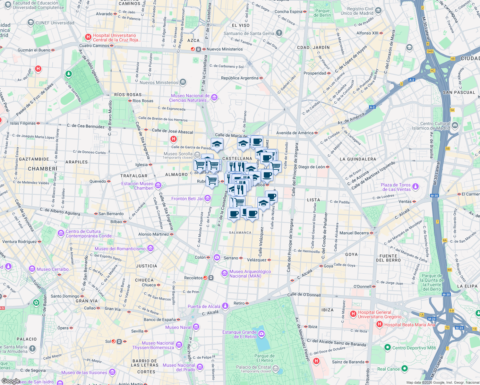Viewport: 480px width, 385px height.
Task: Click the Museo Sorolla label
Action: (x=178, y=154)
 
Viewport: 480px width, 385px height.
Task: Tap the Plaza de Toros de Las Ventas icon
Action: (x=416, y=187)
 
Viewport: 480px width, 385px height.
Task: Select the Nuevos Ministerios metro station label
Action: (x=225, y=49)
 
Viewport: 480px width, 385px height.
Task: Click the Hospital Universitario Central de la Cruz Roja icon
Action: (x=88, y=38)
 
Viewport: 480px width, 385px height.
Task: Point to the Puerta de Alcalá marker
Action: (x=225, y=306)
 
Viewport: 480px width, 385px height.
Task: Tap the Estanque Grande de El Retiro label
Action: (x=239, y=334)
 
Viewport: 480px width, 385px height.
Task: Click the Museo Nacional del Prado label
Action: (x=179, y=367)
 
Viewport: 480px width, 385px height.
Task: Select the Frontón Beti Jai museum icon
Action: (x=208, y=199)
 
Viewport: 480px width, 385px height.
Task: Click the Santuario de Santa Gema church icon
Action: (x=279, y=33)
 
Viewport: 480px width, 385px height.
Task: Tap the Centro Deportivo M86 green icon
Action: (x=387, y=347)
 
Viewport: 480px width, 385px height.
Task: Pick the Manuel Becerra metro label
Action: (x=354, y=233)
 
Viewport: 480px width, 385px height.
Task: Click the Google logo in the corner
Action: (x=11, y=381)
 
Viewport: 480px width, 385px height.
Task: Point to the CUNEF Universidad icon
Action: (x=31, y=23)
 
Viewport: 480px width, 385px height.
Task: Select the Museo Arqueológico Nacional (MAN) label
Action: (x=250, y=274)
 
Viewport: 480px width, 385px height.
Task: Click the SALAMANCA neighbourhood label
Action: (x=240, y=233)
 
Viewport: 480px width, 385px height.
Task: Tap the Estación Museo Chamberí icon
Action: (x=158, y=185)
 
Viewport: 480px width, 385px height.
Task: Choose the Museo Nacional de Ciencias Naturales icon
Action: (x=214, y=98)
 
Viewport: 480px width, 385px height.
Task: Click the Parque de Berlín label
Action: (x=322, y=13)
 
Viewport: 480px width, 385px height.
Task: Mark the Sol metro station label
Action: (x=108, y=341)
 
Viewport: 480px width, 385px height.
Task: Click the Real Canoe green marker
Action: (x=404, y=369)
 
